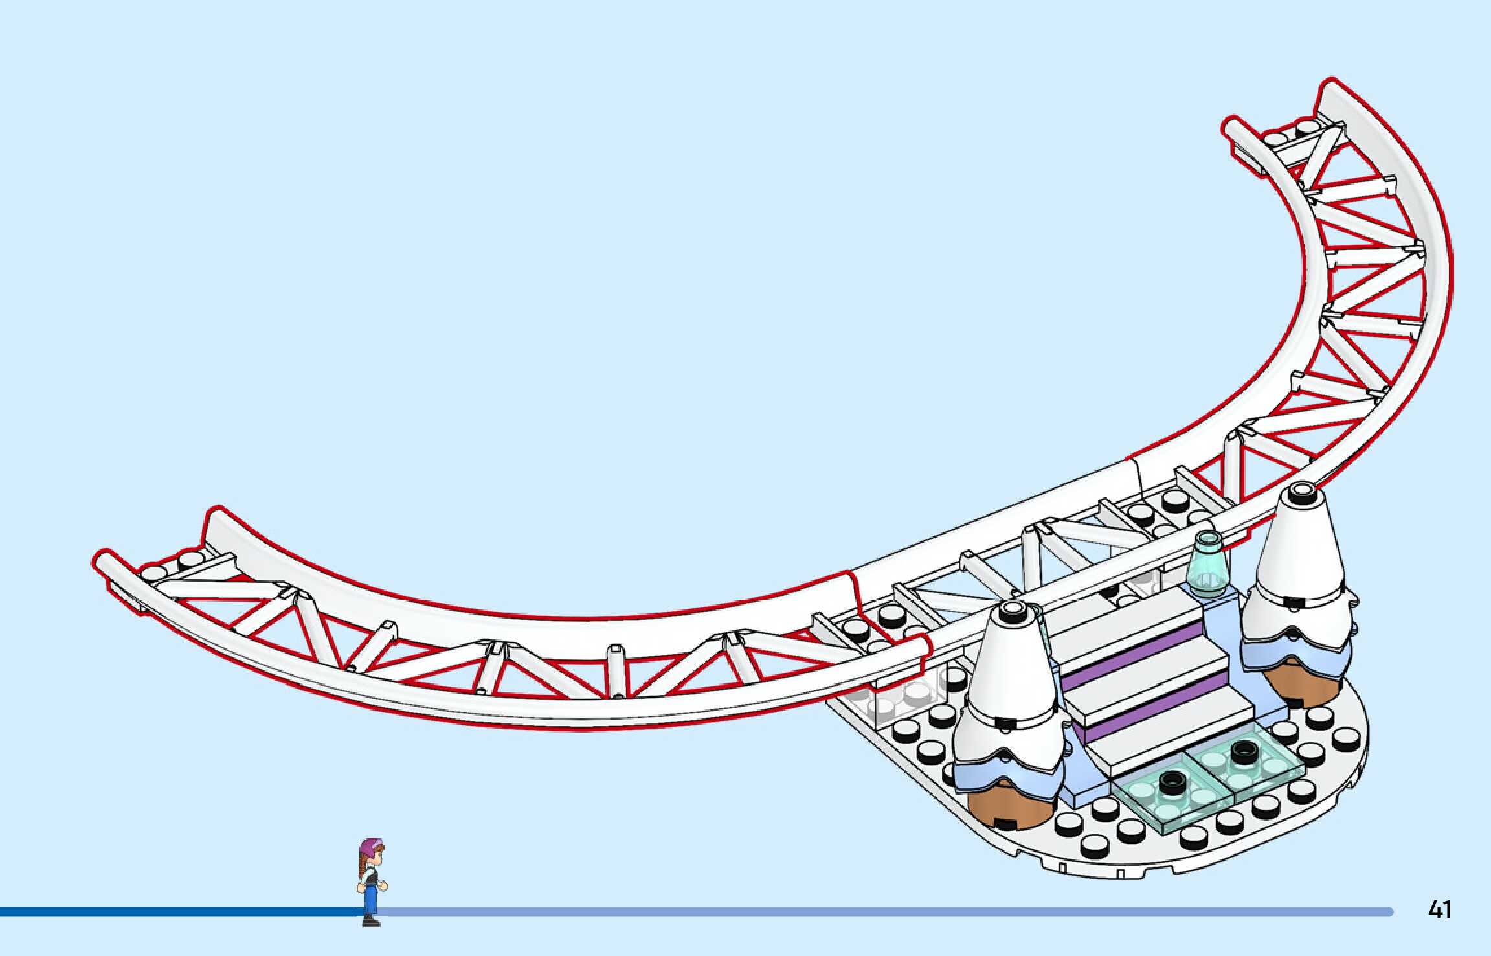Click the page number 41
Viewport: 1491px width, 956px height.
(x=1439, y=909)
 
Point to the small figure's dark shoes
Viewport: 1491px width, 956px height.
(x=370, y=920)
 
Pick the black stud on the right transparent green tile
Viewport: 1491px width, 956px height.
(x=1242, y=751)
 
